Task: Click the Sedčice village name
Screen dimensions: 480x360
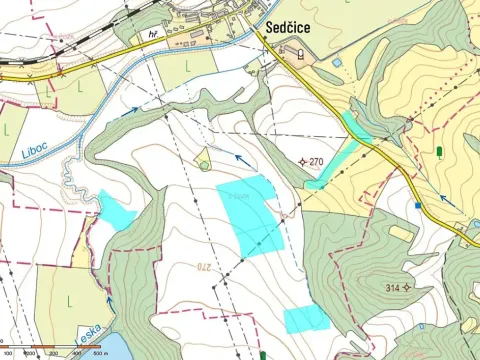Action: coord(296,30)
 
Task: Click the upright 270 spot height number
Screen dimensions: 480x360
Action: coord(318,161)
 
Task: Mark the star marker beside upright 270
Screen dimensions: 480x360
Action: coord(303,161)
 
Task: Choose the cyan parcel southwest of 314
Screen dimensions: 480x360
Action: coord(306,319)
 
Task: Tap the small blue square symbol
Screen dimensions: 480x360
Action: coord(418,205)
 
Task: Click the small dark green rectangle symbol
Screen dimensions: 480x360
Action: coord(440,152)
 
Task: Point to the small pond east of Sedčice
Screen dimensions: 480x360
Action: coord(337,63)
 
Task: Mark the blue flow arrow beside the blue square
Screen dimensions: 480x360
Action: coord(446,199)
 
